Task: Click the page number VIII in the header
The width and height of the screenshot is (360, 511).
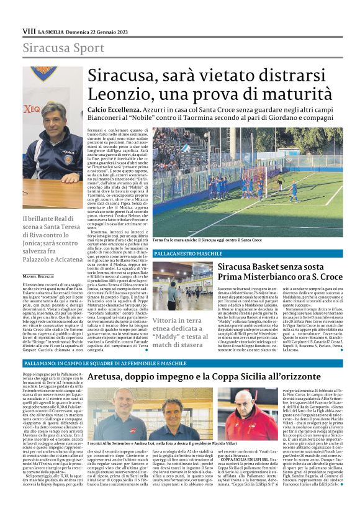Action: [29, 30]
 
